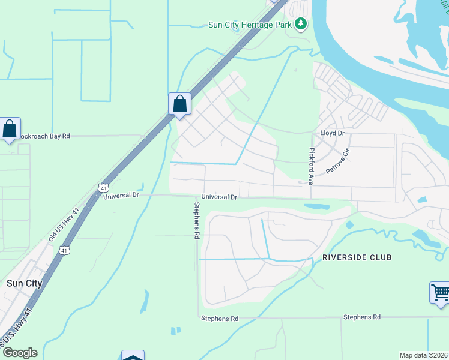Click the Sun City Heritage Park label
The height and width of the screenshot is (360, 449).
(249, 25)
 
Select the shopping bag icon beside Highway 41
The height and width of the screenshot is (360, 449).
(179, 104)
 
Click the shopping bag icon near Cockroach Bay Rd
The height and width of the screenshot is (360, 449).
(10, 128)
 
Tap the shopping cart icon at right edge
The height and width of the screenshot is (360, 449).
(441, 293)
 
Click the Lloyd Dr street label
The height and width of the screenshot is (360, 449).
(332, 133)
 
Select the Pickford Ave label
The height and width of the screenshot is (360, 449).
(312, 166)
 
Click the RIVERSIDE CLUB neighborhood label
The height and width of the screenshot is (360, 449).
(357, 257)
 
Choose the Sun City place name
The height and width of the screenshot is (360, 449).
(23, 283)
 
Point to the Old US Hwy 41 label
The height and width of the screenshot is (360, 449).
(63, 226)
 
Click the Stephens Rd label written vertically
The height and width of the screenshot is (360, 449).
(196, 220)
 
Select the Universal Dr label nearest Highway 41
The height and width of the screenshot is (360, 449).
(121, 196)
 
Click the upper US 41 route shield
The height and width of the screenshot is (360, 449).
(104, 188)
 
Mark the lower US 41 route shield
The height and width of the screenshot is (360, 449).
(65, 249)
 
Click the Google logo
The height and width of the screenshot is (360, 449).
(19, 353)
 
